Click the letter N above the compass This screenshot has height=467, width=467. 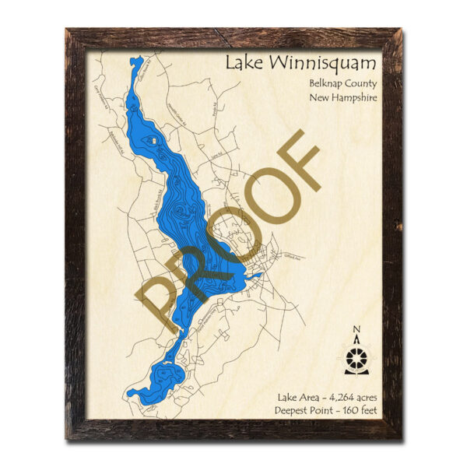point(356,328)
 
